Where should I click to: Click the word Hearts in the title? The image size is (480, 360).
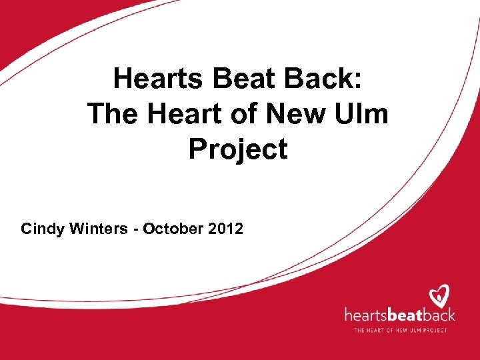(x=159, y=79)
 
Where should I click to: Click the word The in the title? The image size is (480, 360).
(x=111, y=114)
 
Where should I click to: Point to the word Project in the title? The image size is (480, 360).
(x=238, y=149)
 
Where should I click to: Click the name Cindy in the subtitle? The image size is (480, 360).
(x=41, y=229)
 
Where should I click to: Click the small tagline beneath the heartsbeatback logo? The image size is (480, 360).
(x=400, y=329)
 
